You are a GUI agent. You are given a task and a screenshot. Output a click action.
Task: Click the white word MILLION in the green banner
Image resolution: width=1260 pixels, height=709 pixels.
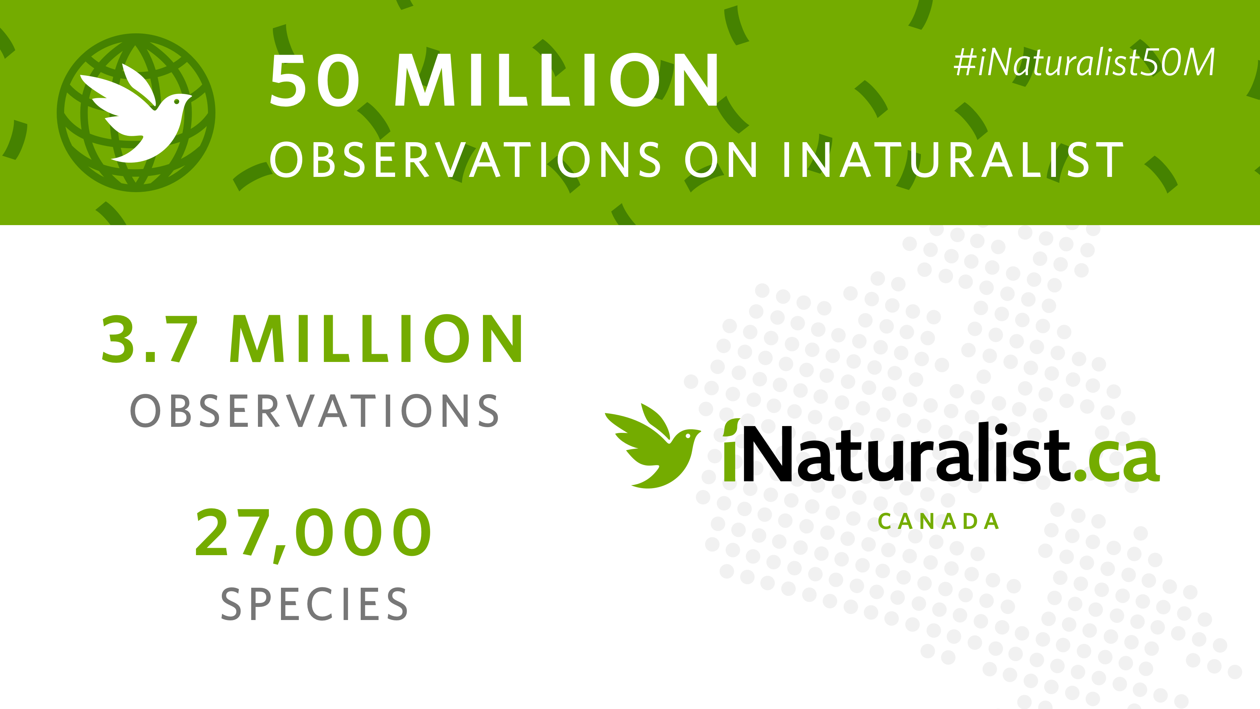[557, 80]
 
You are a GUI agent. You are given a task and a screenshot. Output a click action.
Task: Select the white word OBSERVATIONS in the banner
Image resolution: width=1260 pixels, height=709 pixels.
[465, 160]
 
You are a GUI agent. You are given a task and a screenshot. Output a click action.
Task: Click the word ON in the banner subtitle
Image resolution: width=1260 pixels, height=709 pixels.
[721, 160]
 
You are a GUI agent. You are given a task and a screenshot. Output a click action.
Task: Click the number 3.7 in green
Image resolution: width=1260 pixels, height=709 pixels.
[149, 339]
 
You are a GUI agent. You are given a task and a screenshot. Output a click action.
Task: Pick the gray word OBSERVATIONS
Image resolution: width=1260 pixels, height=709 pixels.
[315, 411]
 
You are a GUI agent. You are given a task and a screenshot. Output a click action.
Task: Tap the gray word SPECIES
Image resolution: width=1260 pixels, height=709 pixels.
[315, 604]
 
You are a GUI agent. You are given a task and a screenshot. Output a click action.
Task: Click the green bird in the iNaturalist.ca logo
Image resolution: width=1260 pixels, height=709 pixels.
[653, 446]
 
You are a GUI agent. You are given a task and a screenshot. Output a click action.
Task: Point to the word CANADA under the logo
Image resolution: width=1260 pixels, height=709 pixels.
[938, 521]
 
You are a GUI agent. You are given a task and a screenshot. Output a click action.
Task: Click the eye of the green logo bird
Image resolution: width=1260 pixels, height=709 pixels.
[688, 435]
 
